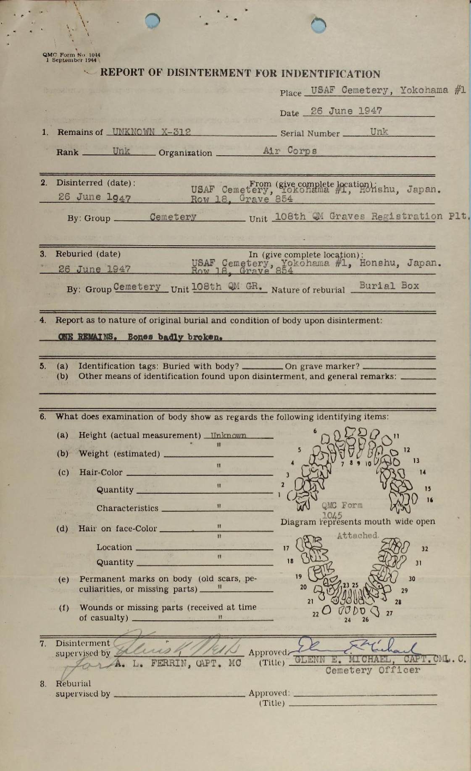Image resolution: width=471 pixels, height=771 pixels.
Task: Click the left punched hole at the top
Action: [x=152, y=20]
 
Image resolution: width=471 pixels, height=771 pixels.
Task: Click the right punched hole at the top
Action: [x=318, y=25]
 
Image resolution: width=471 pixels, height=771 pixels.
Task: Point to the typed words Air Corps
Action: [x=290, y=151]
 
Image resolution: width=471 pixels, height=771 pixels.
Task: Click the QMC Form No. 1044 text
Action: [x=71, y=55]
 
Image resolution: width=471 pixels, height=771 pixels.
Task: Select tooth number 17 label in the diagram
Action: [x=286, y=548]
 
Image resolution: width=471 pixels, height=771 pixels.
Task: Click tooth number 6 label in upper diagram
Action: [x=314, y=431]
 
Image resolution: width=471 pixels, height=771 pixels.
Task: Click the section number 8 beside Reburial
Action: [x=43, y=684]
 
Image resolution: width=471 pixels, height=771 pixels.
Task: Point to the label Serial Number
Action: [x=310, y=133]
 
